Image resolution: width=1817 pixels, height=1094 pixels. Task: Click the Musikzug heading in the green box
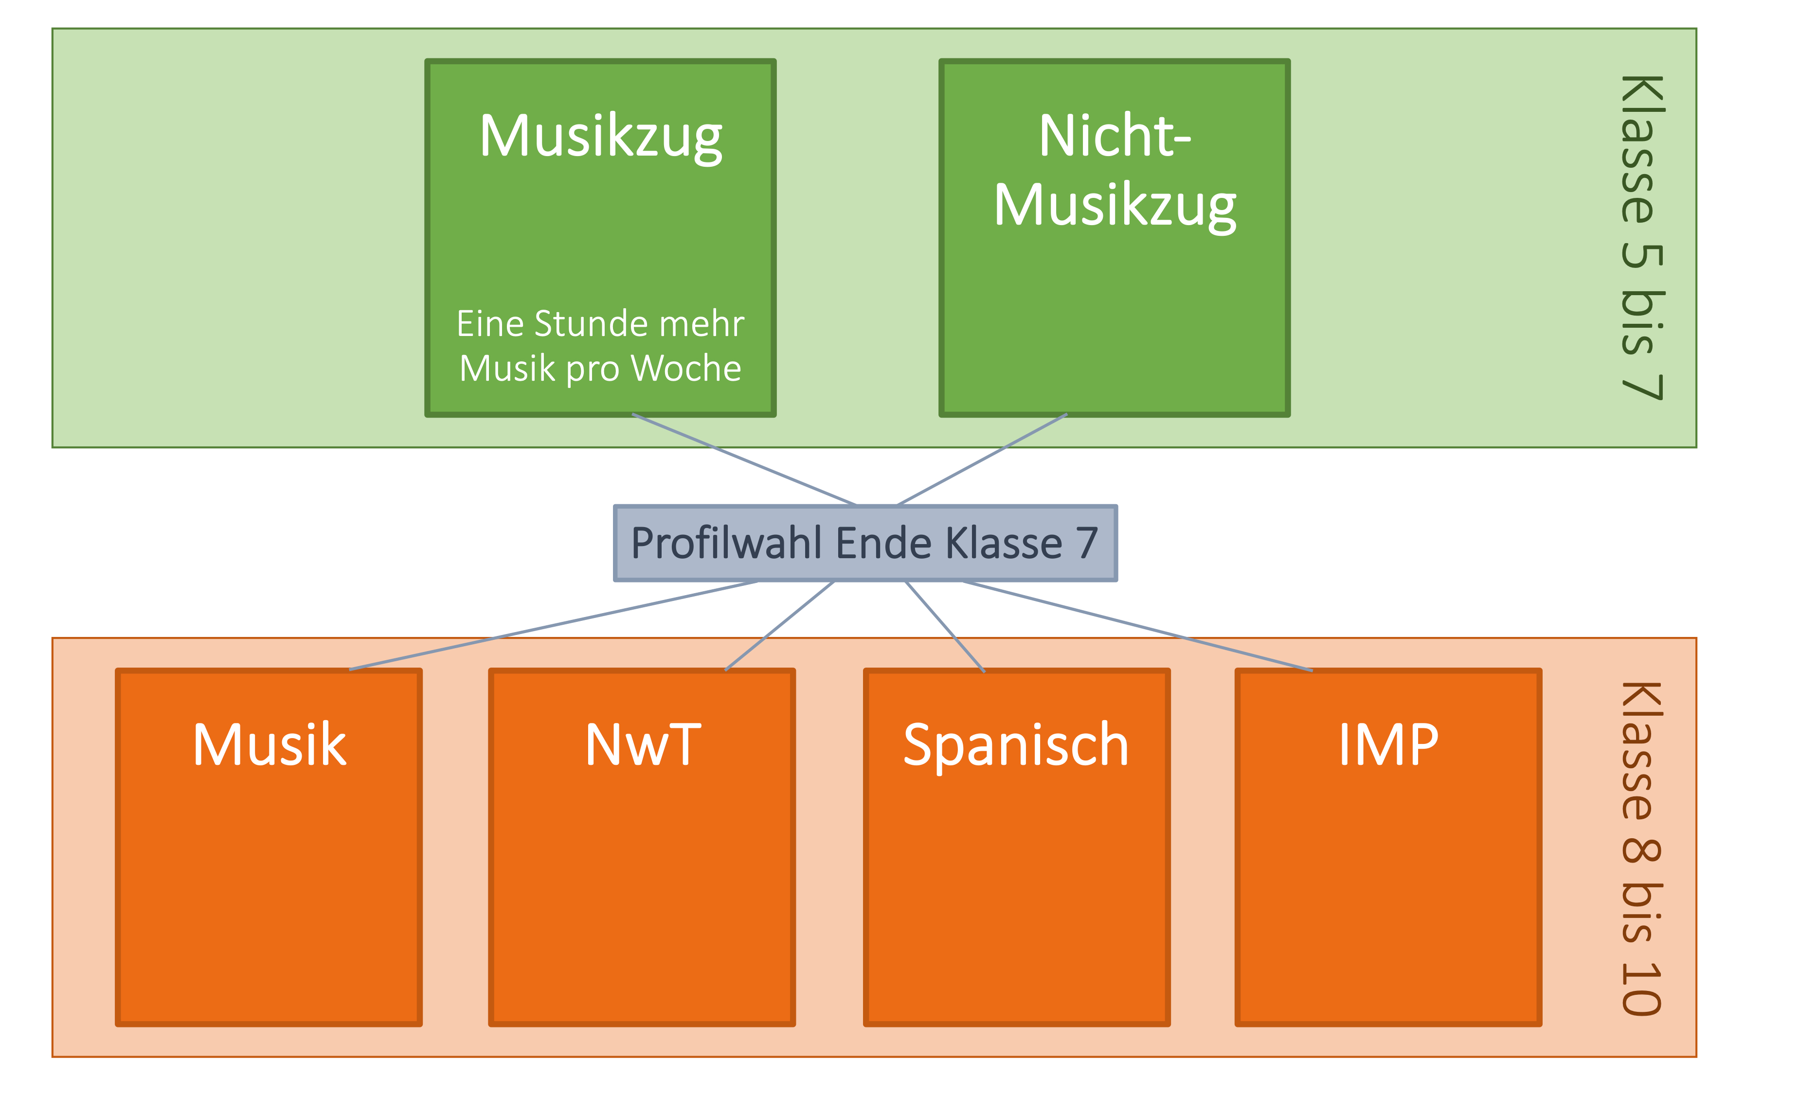tap(600, 137)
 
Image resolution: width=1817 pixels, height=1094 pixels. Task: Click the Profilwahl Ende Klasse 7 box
tap(865, 543)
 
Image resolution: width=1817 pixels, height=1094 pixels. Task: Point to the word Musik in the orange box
tap(269, 745)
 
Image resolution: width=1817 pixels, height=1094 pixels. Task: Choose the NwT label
tap(642, 745)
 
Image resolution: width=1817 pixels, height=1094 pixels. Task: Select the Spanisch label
tap(1016, 745)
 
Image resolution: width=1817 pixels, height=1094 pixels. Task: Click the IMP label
tap(1388, 745)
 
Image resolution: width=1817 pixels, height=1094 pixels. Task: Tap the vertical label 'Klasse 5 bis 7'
tap(1641, 237)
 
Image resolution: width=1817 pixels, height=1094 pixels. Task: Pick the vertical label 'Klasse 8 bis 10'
tap(1641, 848)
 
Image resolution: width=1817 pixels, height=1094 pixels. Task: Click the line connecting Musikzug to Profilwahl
tap(745, 460)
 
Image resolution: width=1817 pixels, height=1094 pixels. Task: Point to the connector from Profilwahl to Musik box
tap(553, 626)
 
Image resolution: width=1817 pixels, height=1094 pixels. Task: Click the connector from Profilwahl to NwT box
tap(780, 626)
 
